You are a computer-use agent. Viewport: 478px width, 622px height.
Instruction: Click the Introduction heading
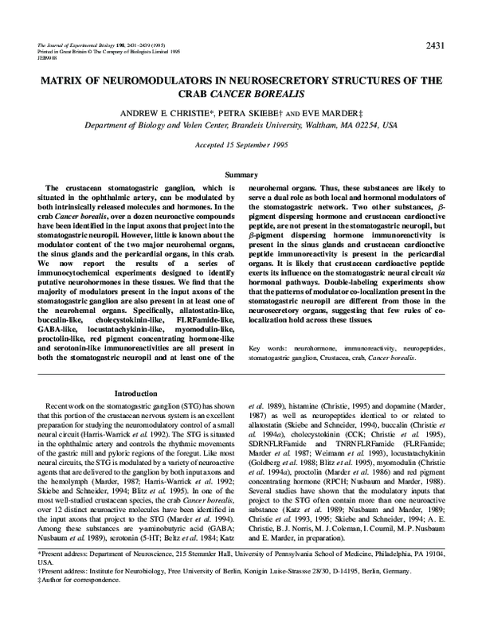(x=136, y=393)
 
